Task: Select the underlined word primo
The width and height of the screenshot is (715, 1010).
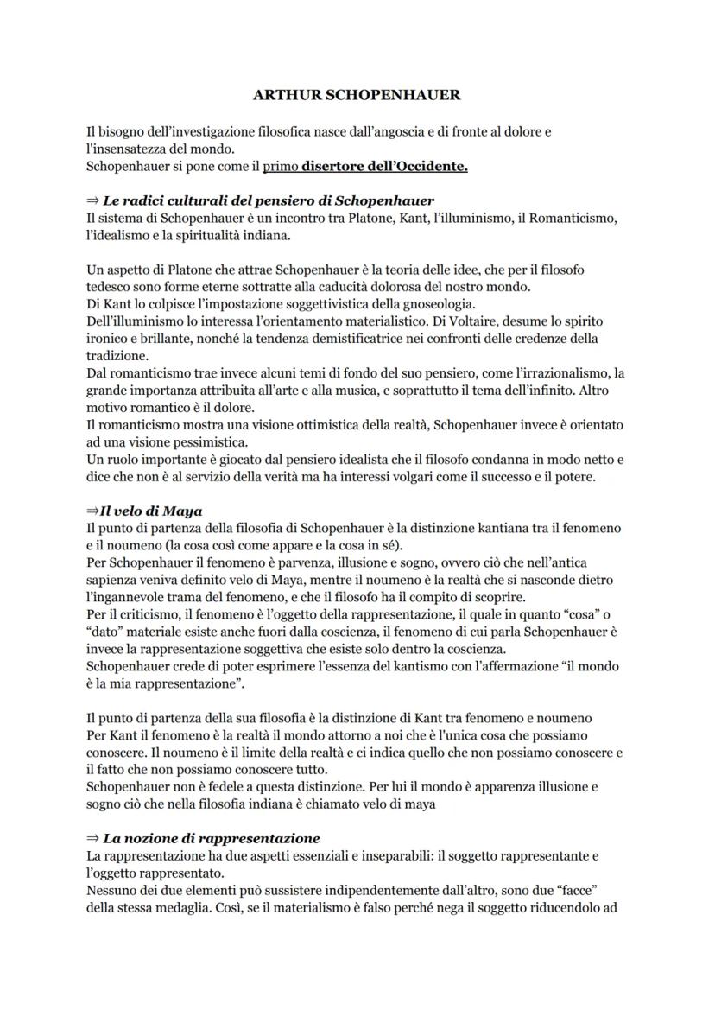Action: coord(281,166)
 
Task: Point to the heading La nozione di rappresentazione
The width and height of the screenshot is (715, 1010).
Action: coord(212,838)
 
